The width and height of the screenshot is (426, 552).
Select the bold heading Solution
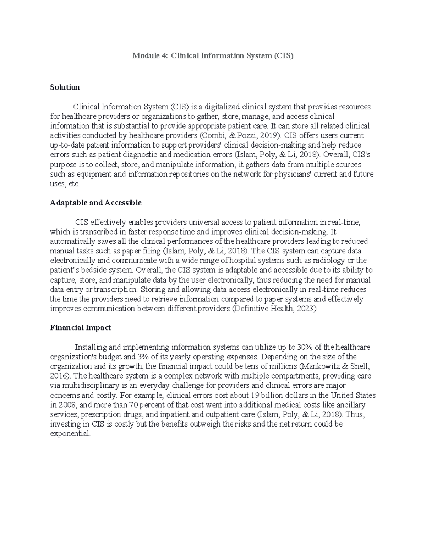click(65, 87)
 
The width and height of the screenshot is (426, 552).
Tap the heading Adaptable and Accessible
click(95, 203)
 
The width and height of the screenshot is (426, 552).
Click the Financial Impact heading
click(80, 328)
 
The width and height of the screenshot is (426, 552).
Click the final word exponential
click(70, 434)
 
